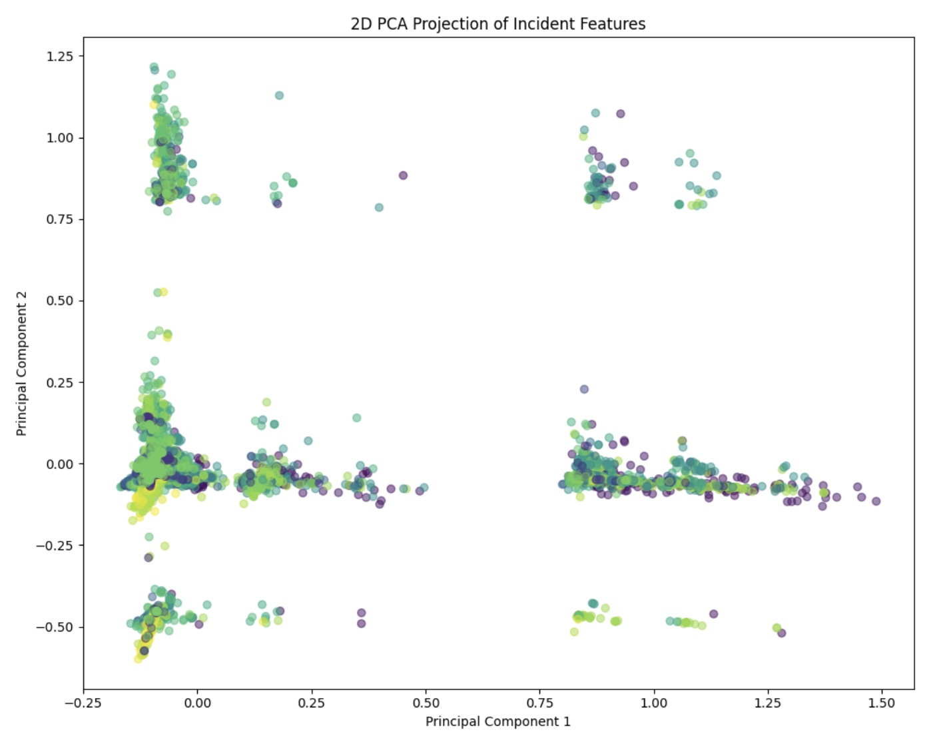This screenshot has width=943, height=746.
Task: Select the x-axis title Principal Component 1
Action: click(x=497, y=721)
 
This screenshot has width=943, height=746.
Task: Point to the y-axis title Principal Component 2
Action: click(x=21, y=364)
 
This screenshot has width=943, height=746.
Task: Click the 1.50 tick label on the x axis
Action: click(x=882, y=703)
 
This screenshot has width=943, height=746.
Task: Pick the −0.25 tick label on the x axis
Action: click(x=83, y=703)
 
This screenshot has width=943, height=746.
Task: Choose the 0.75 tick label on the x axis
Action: click(x=540, y=703)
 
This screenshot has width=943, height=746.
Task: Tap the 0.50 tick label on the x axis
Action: click(x=426, y=703)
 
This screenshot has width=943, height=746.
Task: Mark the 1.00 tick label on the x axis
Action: click(x=654, y=703)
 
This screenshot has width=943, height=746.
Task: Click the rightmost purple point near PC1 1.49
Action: click(x=876, y=501)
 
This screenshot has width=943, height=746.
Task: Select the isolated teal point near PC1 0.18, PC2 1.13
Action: click(x=279, y=95)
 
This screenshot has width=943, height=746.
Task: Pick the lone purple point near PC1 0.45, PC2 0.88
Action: click(x=403, y=175)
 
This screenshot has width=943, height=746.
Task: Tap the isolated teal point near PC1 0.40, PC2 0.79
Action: click(x=379, y=207)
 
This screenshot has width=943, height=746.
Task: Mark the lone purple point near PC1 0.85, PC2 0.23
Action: click(x=584, y=389)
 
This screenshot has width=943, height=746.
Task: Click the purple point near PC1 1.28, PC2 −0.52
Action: click(x=782, y=633)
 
